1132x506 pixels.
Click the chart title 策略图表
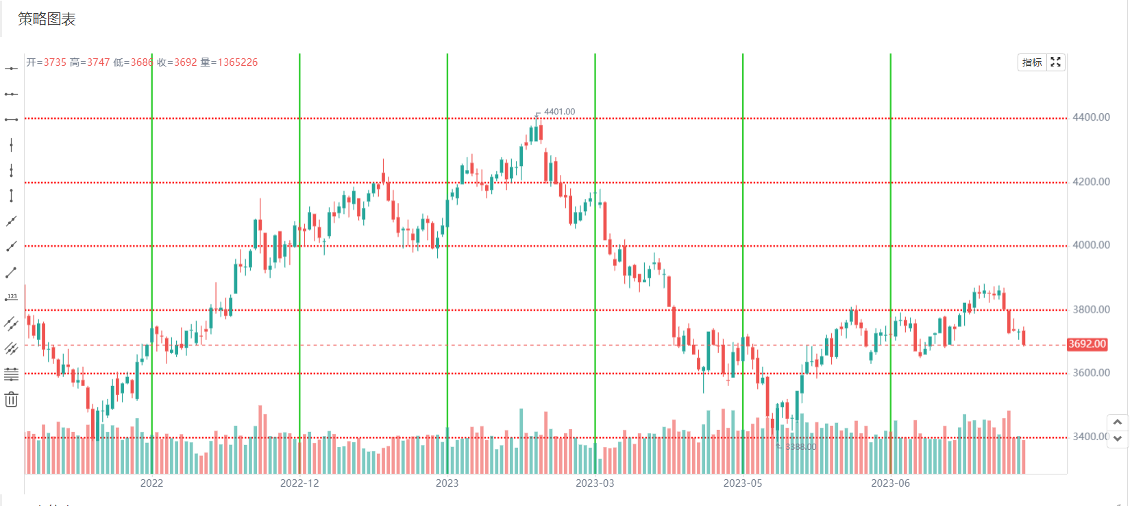pos(47,19)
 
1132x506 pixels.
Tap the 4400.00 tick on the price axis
pos(1091,117)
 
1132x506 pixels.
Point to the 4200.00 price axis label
pos(1091,182)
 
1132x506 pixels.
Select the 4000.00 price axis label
pos(1091,245)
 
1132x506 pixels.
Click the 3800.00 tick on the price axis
pos(1091,309)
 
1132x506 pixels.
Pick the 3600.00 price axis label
pos(1091,373)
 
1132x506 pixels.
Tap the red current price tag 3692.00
pos(1087,344)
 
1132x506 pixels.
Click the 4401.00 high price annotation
pos(559,112)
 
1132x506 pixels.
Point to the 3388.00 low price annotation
pos(800,447)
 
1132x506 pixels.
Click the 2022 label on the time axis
pos(151,483)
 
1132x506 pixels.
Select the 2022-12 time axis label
pos(299,483)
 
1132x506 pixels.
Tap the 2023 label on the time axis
pos(447,483)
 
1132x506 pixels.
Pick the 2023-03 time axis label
pos(595,483)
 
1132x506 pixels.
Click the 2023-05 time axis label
pos(743,483)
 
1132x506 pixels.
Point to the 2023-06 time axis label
pos(890,483)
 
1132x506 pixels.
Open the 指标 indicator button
pos(1032,62)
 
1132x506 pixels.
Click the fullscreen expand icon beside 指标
pos(1056,62)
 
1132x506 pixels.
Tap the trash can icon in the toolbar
pos(11,400)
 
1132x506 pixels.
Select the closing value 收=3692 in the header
pos(177,62)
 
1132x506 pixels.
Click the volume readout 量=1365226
pos(229,62)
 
